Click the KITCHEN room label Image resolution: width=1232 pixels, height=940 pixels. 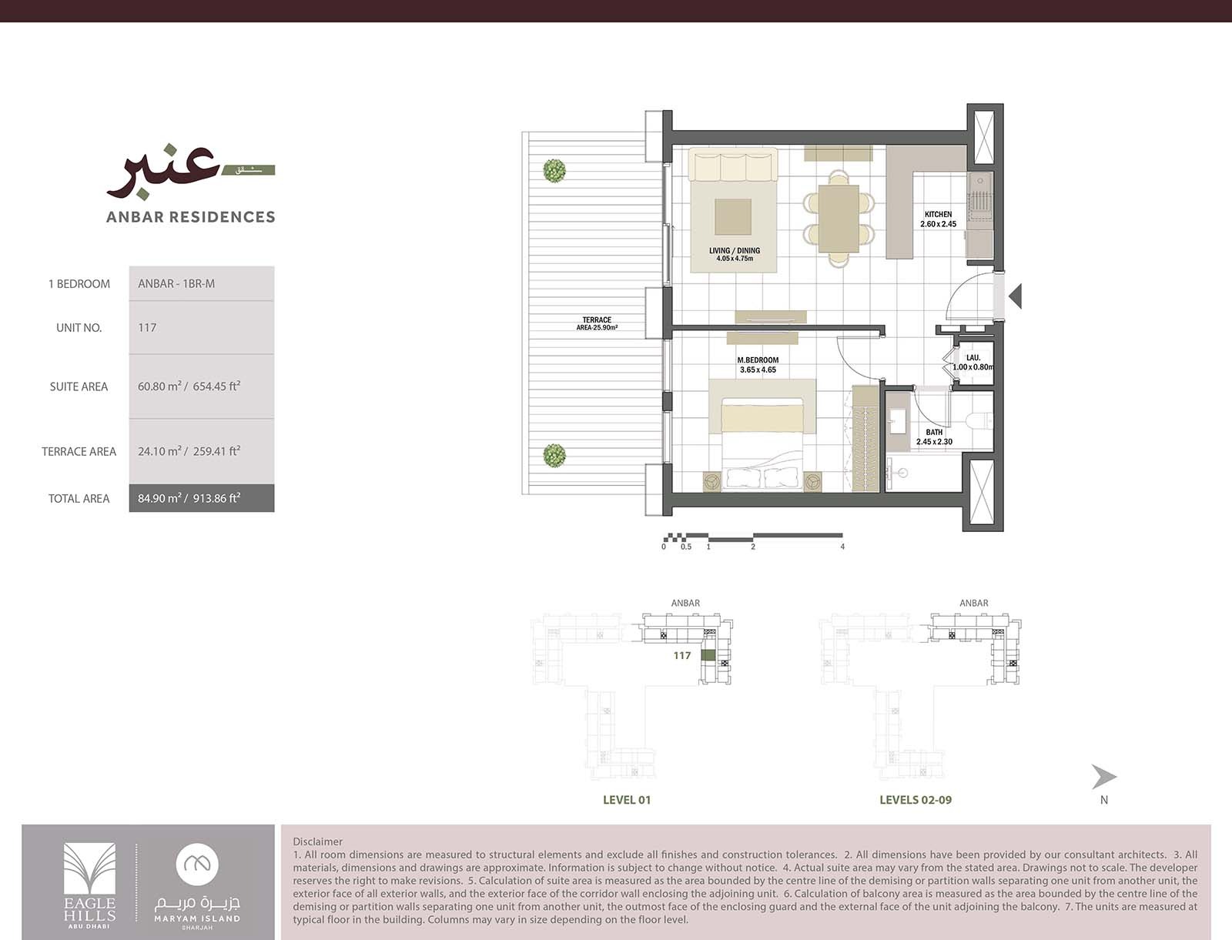click(x=938, y=215)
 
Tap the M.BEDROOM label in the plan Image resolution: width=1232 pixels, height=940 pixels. click(x=758, y=360)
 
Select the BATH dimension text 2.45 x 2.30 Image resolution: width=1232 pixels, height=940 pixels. click(x=934, y=442)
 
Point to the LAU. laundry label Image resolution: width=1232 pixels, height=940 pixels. click(x=973, y=358)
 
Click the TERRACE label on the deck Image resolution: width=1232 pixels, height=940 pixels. click(x=597, y=319)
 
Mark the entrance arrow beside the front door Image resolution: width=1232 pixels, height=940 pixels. click(x=1016, y=296)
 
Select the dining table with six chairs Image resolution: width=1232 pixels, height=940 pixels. click(x=839, y=219)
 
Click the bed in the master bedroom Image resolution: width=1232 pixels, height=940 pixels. click(x=762, y=439)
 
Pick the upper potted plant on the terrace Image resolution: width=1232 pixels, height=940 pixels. click(x=554, y=170)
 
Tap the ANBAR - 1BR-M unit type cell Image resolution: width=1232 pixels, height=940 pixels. click(x=177, y=283)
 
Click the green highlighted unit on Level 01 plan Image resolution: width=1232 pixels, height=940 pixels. click(x=708, y=656)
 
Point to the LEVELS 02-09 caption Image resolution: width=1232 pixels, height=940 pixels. click(x=915, y=800)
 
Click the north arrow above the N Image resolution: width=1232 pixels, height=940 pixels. click(x=1103, y=777)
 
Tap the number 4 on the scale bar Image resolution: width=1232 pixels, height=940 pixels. click(x=842, y=547)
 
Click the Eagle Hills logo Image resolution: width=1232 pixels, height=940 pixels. click(x=89, y=883)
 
